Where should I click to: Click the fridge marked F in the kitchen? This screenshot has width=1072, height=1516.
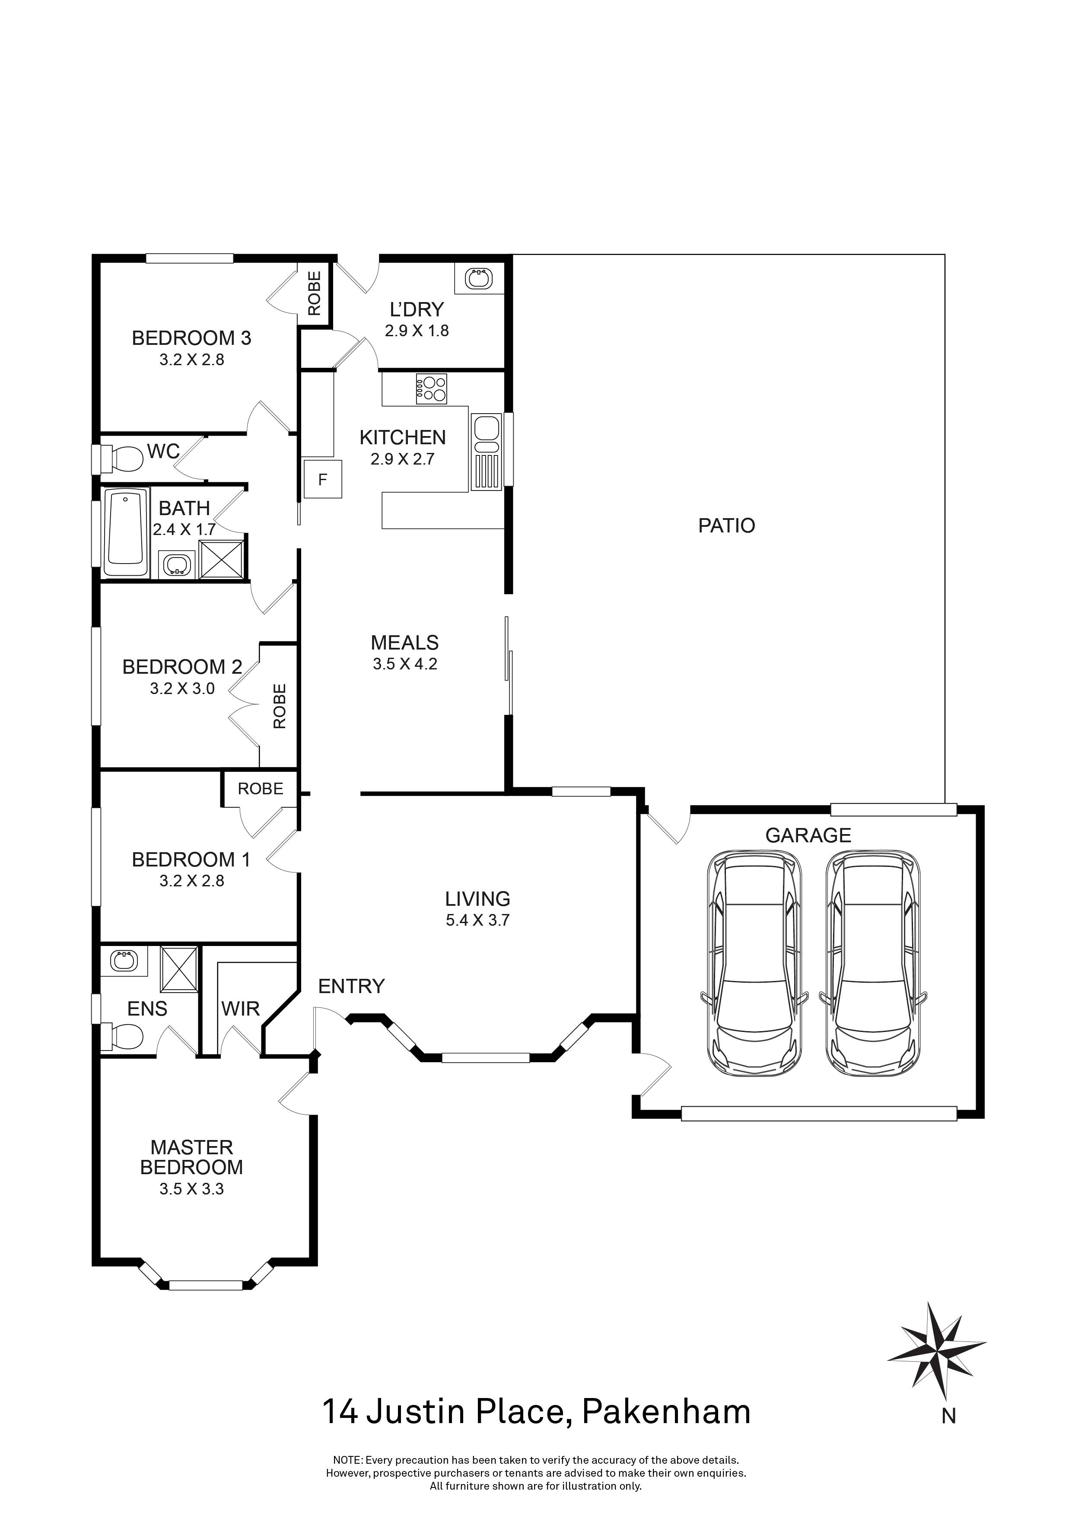pyautogui.click(x=323, y=479)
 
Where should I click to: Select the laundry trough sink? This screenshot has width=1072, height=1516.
pyautogui.click(x=479, y=279)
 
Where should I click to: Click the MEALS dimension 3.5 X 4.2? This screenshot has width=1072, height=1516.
pyautogui.click(x=404, y=664)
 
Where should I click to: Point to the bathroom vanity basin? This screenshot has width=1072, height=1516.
pyautogui.click(x=176, y=564)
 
